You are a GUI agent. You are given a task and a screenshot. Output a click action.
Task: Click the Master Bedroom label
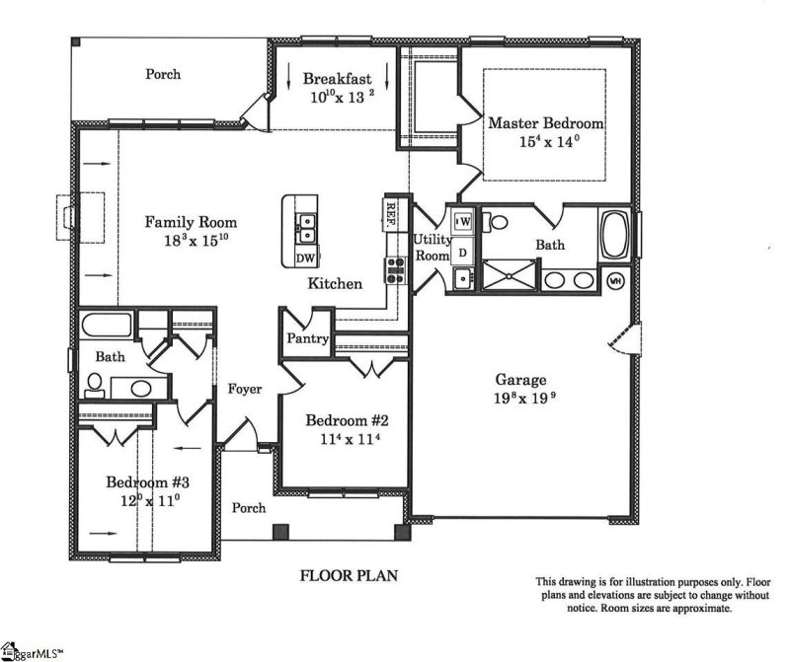545,123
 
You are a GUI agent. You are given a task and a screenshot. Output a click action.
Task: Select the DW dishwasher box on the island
305,258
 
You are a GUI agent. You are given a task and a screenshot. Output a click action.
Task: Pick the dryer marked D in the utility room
462,253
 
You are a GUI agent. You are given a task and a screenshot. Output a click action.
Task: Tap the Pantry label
307,338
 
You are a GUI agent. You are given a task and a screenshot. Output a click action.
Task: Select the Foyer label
244,389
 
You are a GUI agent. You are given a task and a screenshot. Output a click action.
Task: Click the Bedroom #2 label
343,417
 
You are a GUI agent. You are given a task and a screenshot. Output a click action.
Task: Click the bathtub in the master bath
616,236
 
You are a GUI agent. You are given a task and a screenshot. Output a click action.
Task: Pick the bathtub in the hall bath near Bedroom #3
107,326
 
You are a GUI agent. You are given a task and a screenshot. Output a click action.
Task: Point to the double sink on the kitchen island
305,228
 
